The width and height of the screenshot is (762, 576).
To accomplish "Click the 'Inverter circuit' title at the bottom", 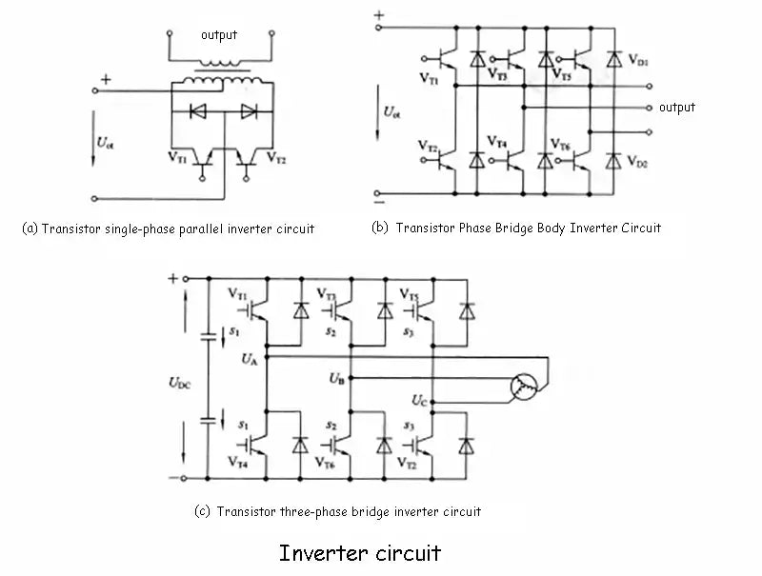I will coord(360,552).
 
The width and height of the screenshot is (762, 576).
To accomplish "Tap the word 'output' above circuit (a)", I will coord(219,35).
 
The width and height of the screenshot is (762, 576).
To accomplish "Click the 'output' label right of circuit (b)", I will coord(677,108).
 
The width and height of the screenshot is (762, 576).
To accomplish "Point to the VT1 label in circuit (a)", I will coord(177,155).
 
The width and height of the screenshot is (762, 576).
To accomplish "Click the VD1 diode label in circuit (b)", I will coord(638,61).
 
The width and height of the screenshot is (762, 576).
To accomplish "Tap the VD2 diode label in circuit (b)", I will coord(638,163).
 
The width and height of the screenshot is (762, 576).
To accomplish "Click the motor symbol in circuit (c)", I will coord(523,386).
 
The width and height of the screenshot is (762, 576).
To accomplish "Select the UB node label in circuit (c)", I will coord(335,378).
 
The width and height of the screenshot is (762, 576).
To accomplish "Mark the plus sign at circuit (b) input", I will coord(379,15).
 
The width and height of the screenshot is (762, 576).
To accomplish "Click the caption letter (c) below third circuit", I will coord(202,511).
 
